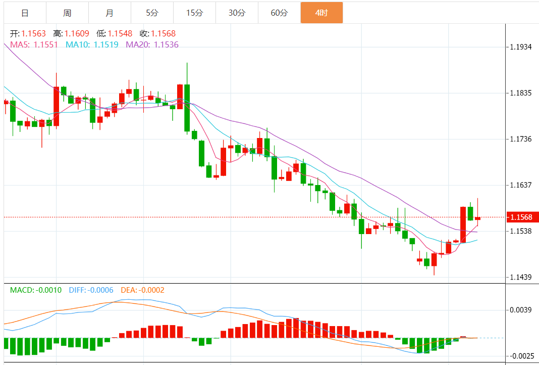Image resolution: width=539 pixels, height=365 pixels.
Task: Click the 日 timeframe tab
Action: pos(25,13)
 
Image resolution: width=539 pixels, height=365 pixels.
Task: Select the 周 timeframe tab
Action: pos(67,13)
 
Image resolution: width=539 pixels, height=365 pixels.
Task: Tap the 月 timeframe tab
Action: pos(110,13)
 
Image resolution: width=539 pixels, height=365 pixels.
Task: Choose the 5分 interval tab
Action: pos(152,13)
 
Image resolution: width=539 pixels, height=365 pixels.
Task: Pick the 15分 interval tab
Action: pos(194,13)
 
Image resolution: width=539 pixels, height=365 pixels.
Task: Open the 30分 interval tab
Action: pos(237,13)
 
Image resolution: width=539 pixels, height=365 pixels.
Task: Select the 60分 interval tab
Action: pos(279,13)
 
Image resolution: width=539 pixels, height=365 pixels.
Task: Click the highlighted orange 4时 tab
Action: pos(321,13)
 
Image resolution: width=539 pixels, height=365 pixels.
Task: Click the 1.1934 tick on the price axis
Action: pos(520,47)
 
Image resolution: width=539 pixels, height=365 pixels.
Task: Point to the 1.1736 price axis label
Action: pos(520,139)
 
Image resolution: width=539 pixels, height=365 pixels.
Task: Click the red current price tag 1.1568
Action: pos(521,217)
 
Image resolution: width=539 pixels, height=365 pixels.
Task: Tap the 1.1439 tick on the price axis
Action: pos(520,277)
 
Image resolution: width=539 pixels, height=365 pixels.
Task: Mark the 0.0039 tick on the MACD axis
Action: pos(520,309)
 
